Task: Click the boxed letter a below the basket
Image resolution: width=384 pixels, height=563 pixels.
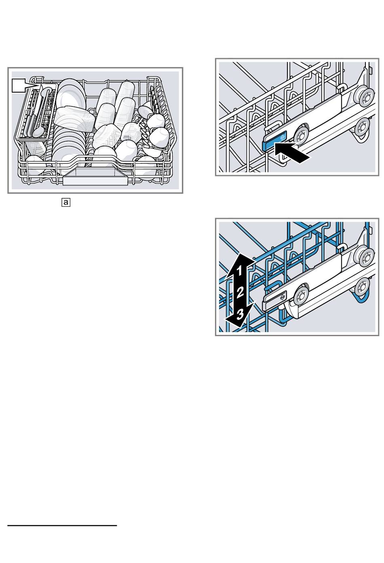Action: [66, 202]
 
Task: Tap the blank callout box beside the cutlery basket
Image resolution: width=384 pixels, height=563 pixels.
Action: [19, 85]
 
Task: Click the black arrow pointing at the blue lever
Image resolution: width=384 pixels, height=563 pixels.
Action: [291, 153]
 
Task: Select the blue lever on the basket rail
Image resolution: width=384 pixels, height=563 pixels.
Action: [274, 141]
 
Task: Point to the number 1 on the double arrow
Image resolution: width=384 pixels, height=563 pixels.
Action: [239, 271]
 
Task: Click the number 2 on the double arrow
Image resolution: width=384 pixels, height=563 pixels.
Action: [240, 292]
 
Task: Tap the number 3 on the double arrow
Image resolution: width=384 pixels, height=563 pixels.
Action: [240, 314]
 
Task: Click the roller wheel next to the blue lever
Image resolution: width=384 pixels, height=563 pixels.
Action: [301, 135]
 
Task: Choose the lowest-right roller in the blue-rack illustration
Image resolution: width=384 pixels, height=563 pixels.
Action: [363, 287]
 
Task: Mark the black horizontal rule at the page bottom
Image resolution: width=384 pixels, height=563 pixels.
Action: [62, 525]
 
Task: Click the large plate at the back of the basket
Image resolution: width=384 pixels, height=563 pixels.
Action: [70, 93]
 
